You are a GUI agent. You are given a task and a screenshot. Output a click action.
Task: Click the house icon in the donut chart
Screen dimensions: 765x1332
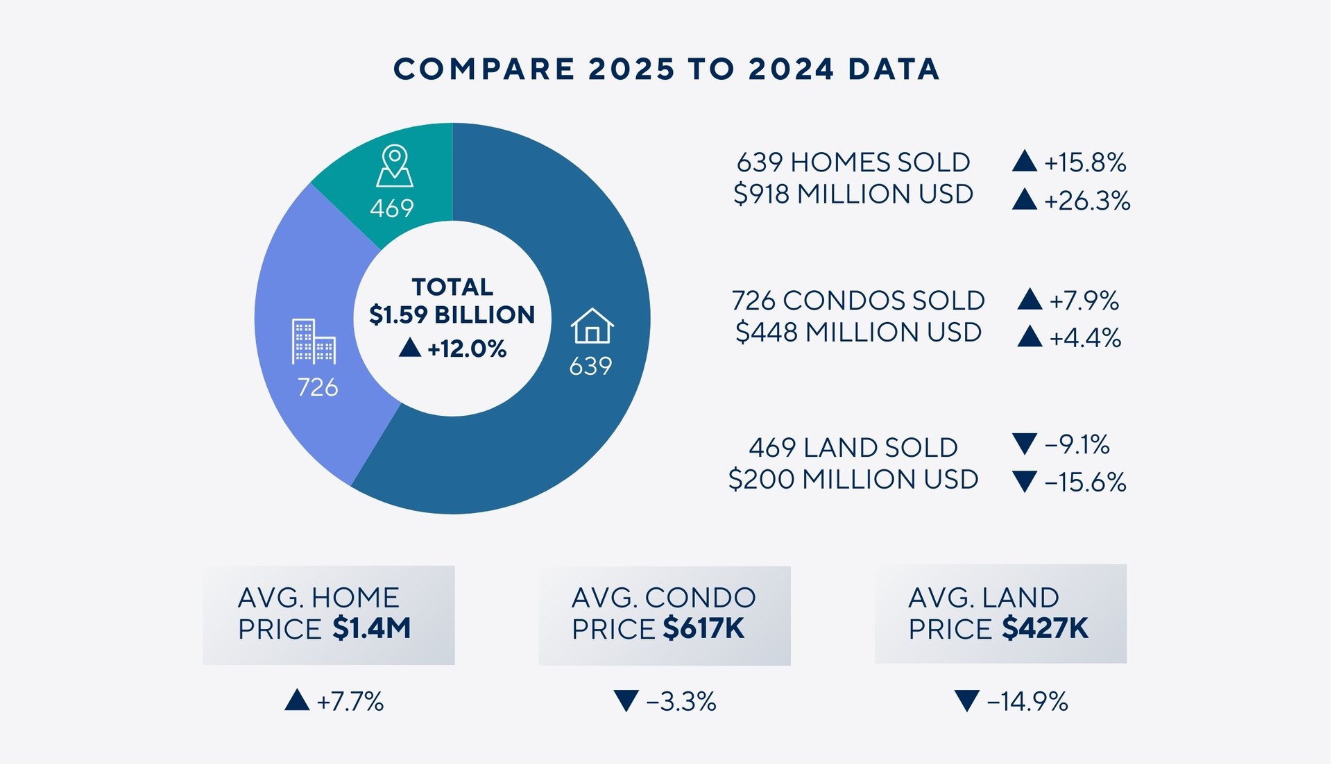pos(592,326)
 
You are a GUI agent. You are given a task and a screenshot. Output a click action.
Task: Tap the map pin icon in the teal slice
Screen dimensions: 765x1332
pos(395,166)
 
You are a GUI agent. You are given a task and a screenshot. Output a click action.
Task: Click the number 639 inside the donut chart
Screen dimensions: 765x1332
pos(590,367)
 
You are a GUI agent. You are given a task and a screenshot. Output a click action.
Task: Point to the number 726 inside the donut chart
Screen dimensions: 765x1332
pos(318,387)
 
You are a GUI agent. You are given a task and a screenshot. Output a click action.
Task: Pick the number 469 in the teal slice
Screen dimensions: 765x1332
pos(392,208)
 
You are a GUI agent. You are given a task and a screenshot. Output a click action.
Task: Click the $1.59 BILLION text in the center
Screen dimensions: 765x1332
pos(452,315)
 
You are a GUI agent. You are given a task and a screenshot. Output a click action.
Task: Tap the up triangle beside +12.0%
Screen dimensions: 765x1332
pos(410,347)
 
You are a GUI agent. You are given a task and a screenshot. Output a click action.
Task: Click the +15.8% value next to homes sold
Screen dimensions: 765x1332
pos(1085,163)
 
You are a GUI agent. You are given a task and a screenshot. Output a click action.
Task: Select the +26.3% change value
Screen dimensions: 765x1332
pos(1087,201)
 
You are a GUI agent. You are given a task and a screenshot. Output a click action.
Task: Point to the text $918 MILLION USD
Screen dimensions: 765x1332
pos(853,194)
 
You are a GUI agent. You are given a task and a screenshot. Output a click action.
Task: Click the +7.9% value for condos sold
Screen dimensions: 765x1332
pos(1084,301)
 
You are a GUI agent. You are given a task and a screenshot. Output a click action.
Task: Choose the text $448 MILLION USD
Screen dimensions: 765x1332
pos(858,333)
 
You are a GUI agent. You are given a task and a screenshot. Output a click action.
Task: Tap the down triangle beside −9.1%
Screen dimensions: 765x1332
pos(1024,443)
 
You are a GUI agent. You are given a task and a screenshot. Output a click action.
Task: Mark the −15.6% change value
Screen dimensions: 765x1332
pos(1085,482)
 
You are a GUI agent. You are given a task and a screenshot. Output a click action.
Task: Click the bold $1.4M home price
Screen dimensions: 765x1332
pos(372,629)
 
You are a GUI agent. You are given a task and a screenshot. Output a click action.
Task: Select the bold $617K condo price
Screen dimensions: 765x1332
pos(703,629)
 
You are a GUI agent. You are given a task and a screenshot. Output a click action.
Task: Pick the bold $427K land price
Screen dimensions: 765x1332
pos(1045,629)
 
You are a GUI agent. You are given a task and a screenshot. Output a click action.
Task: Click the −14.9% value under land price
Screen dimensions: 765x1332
pos(1027,702)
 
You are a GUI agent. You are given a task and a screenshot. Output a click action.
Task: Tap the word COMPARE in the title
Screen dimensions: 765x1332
pos(484,69)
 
